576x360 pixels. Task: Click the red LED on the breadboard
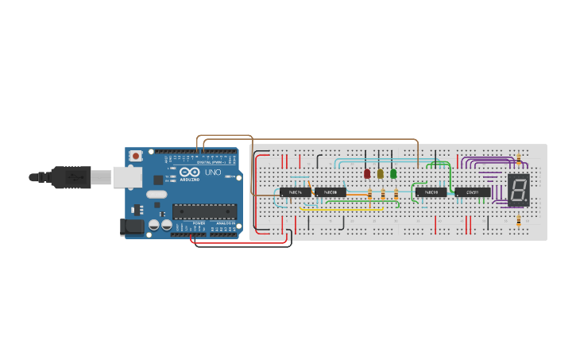point(367,173)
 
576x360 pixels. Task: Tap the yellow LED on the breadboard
point(381,173)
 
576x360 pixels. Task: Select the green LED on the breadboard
point(393,173)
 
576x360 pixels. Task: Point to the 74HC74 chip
point(295,192)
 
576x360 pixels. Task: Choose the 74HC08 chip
point(330,192)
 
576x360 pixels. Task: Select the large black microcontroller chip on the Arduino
point(204,211)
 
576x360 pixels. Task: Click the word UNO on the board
point(213,172)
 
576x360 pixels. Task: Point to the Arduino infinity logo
point(190,172)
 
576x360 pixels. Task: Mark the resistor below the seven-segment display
point(519,222)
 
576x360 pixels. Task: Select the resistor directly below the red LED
point(369,195)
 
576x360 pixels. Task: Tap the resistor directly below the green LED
point(396,195)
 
